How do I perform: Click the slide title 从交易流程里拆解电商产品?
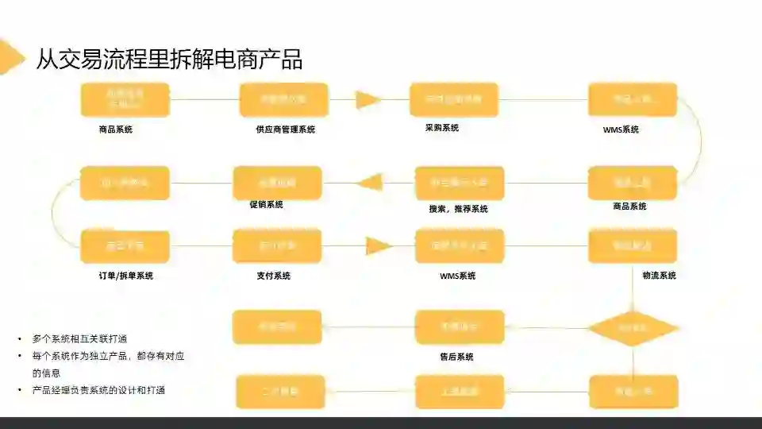click(169, 59)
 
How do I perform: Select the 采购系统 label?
click(441, 127)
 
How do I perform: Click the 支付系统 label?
click(273, 276)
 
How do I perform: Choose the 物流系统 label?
click(659, 276)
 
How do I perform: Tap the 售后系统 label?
click(456, 357)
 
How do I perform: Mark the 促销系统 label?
click(266, 204)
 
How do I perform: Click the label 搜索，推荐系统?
click(458, 209)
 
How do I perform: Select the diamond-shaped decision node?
click(633, 327)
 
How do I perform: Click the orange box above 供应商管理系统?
click(283, 100)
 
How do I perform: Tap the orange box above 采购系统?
click(453, 100)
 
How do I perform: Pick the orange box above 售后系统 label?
click(460, 327)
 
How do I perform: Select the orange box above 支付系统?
click(277, 246)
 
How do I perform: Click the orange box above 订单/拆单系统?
click(125, 246)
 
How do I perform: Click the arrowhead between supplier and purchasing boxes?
click(368, 100)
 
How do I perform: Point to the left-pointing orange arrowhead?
click(369, 183)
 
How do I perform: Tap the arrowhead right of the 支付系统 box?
click(379, 246)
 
